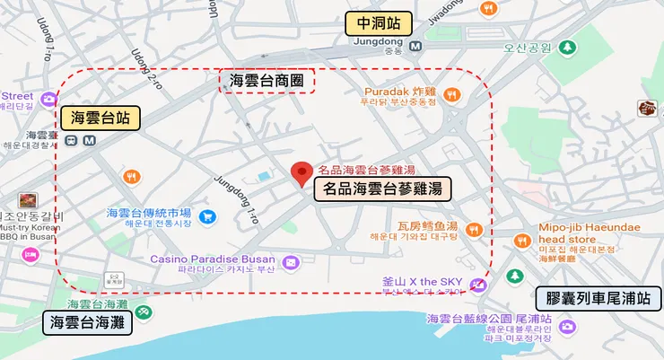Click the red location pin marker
click(302, 172)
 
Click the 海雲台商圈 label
click(266, 81)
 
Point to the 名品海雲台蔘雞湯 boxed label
click(382, 189)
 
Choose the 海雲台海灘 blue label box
click(87, 321)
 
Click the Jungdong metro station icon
click(415, 47)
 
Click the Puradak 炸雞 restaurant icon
click(454, 94)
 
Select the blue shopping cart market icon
click(207, 216)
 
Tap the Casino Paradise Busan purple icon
click(291, 262)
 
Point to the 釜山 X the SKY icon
click(478, 285)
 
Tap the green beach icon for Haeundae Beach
click(144, 312)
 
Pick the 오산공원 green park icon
click(566, 48)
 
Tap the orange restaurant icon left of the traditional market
click(132, 175)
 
